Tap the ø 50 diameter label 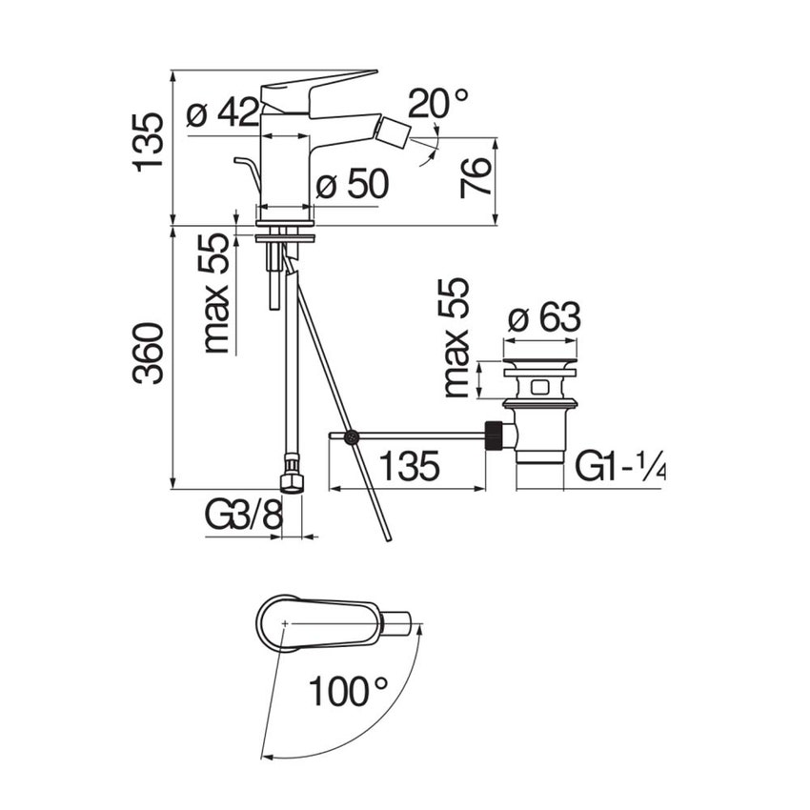[x=352, y=184]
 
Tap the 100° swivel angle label [x=348, y=692]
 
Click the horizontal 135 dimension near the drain [x=409, y=465]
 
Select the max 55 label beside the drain [x=456, y=338]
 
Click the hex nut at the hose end [x=291, y=479]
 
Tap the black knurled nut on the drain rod [x=494, y=437]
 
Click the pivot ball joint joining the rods [x=352, y=437]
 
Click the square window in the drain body [x=540, y=386]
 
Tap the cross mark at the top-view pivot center [x=285, y=623]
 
